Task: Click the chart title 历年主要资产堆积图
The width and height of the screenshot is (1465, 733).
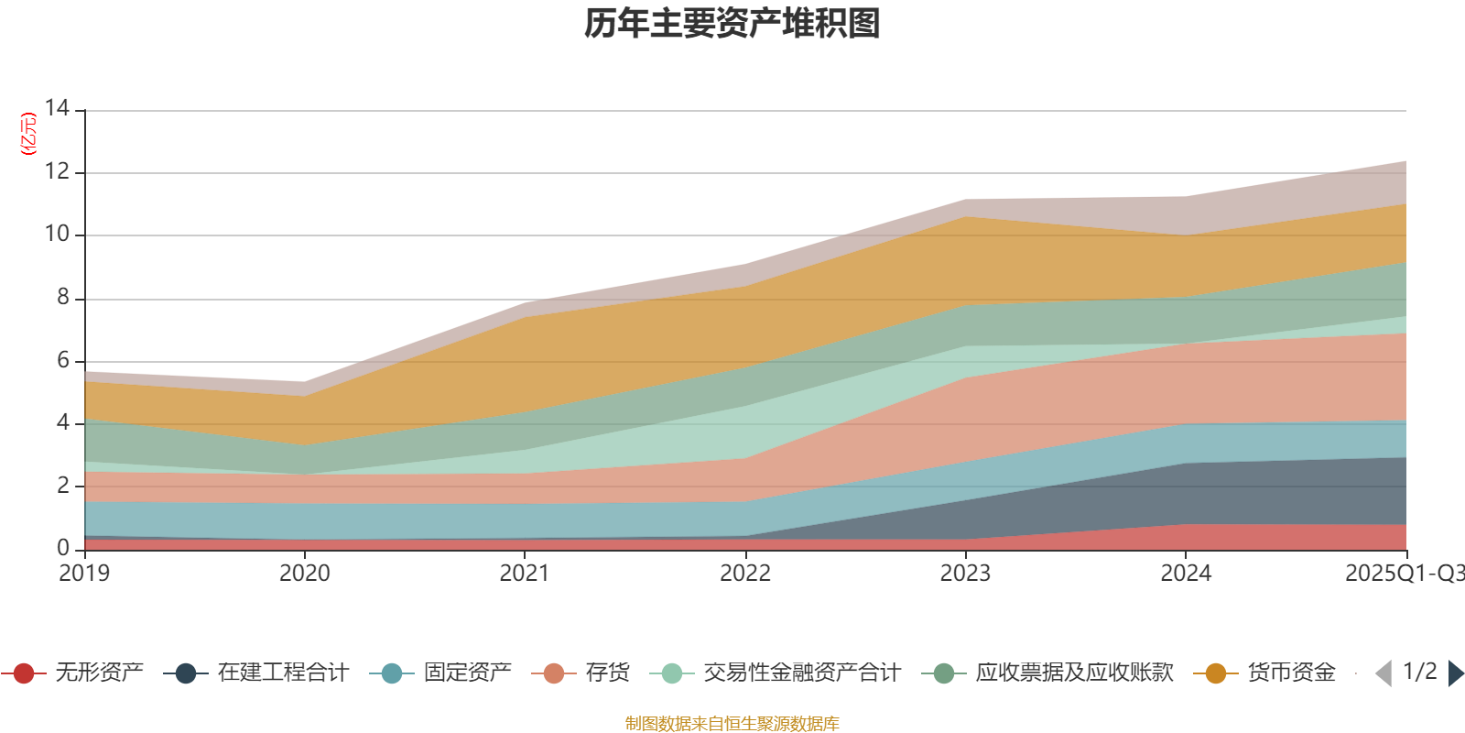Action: pyautogui.click(x=732, y=24)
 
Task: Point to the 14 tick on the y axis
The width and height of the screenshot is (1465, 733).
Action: pyautogui.click(x=57, y=109)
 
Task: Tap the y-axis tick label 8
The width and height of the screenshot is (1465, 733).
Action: pyautogui.click(x=62, y=298)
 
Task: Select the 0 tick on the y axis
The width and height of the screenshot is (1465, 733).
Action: pyautogui.click(x=62, y=548)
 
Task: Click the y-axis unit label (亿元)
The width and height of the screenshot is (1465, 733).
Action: pyautogui.click(x=28, y=134)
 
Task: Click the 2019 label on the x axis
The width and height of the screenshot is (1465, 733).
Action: pyautogui.click(x=84, y=574)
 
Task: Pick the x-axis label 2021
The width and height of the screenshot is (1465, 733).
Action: pyautogui.click(x=525, y=574)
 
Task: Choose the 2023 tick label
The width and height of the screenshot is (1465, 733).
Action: pyautogui.click(x=965, y=574)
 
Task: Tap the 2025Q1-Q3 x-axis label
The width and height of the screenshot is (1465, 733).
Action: pyautogui.click(x=1404, y=574)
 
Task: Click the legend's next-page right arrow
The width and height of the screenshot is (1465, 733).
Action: pyautogui.click(x=1455, y=673)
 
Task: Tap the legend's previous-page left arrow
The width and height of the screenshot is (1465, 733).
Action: pyautogui.click(x=1384, y=673)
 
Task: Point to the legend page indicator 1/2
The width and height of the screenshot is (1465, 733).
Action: pyautogui.click(x=1419, y=672)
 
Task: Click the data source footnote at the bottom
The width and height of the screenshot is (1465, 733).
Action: pyautogui.click(x=732, y=724)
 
